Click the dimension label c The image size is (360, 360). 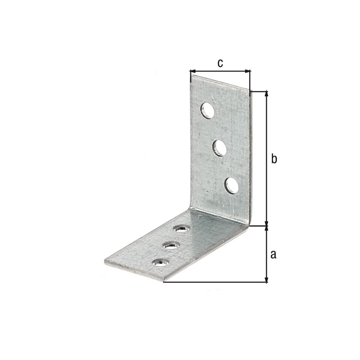pos(220,63)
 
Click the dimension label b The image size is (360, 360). pos(274,159)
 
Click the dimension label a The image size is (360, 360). pos(273,255)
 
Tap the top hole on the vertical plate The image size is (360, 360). pos(207,111)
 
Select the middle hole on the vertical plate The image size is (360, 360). pos(220,148)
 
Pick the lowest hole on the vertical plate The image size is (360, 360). pos(232,185)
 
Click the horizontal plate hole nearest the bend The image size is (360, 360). pos(182,229)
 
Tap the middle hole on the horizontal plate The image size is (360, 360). pos(171,245)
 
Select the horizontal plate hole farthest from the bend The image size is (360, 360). pos(161,262)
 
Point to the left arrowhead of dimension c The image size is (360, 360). pos(193,71)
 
